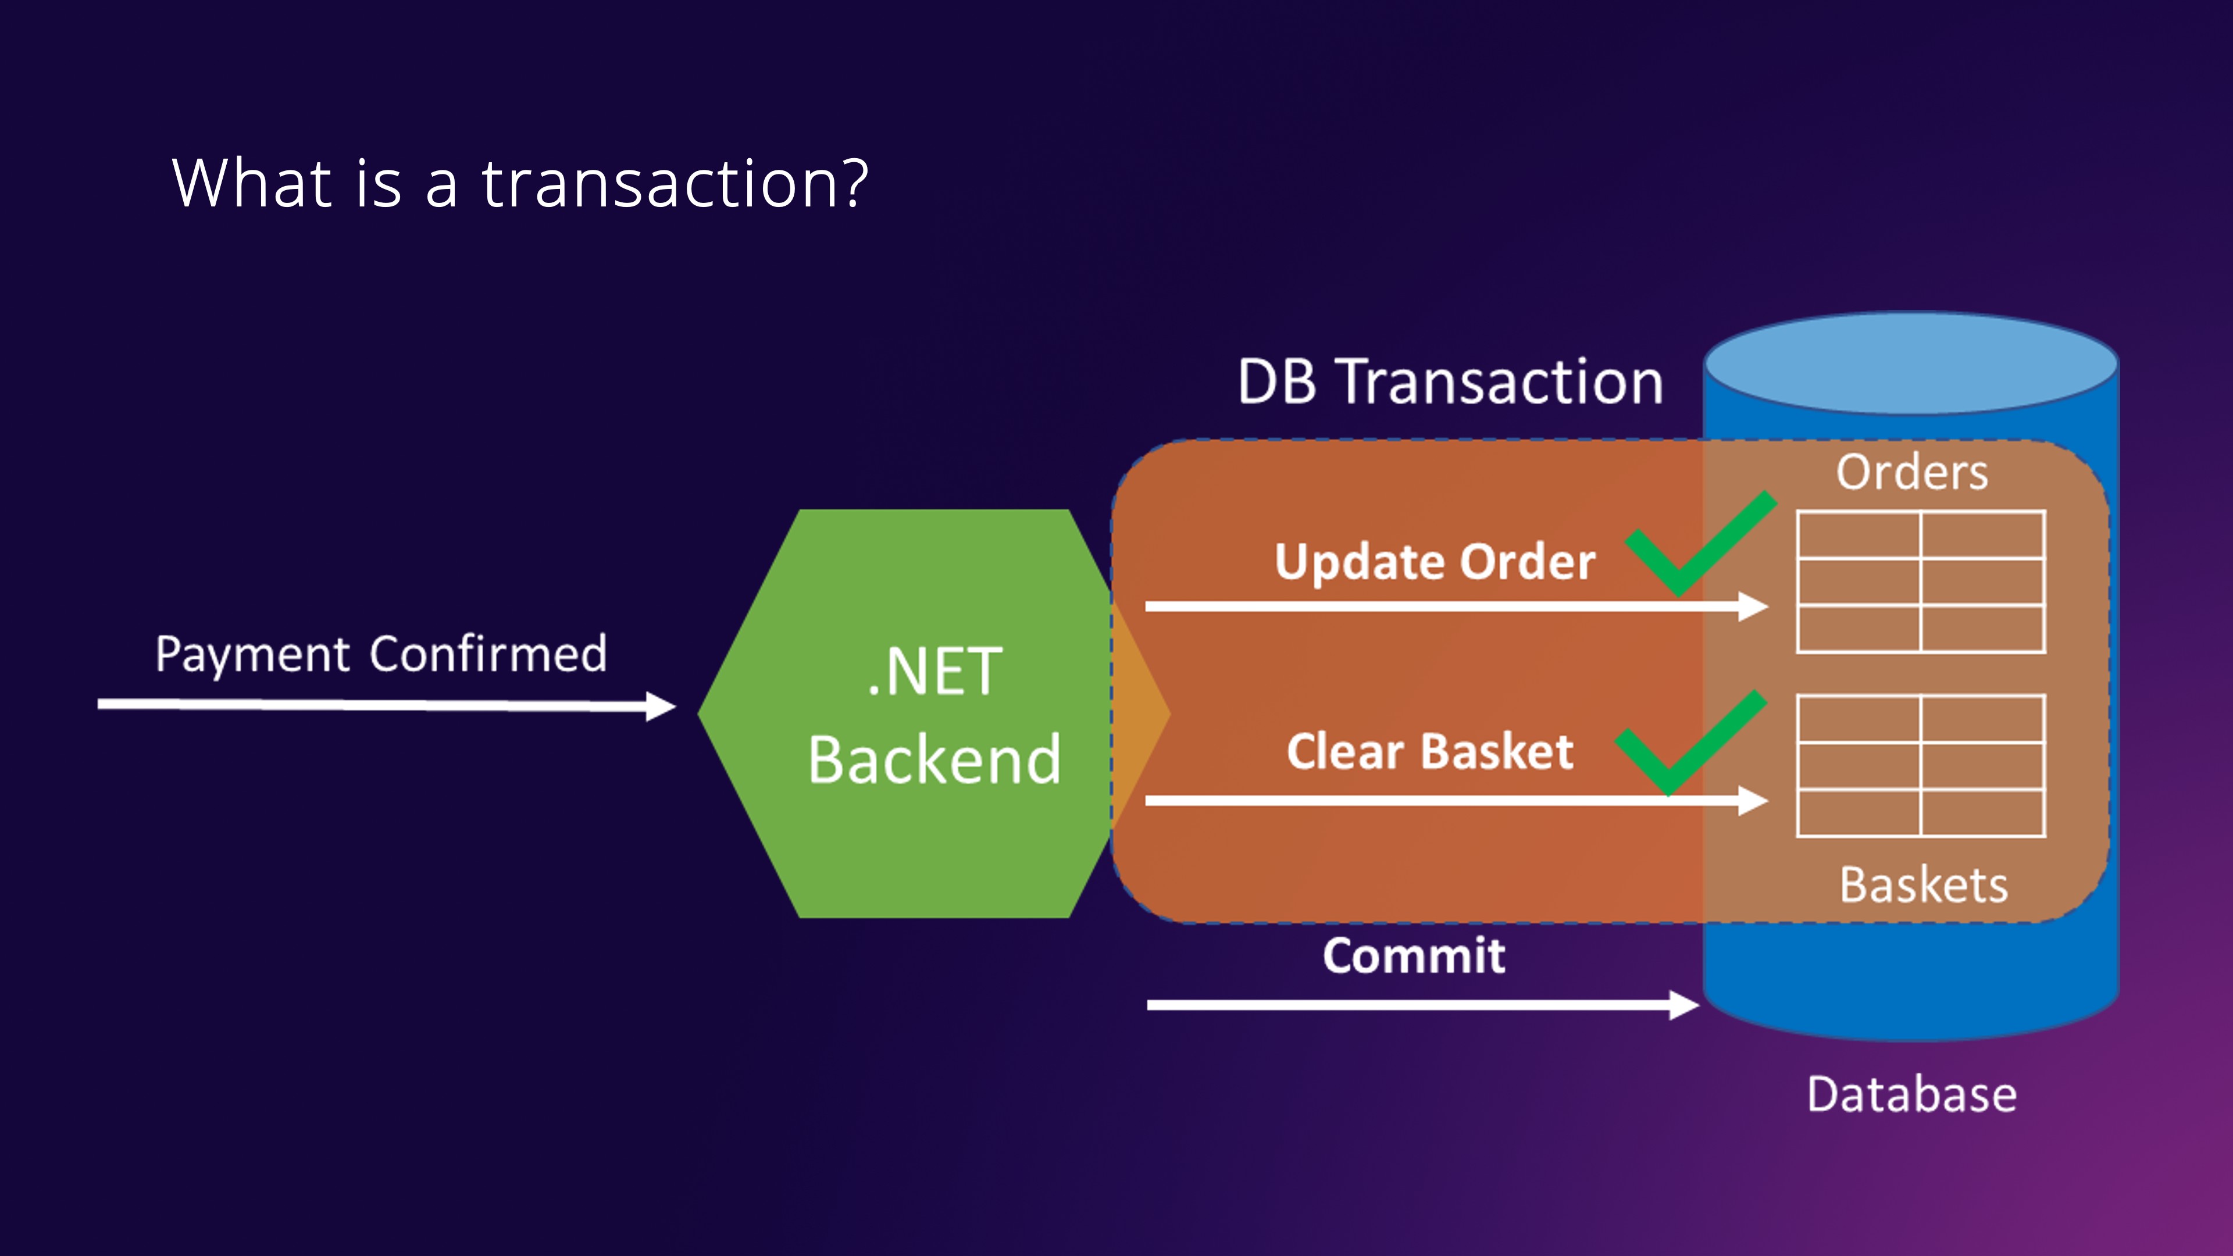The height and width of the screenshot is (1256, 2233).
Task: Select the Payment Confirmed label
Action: pos(381,654)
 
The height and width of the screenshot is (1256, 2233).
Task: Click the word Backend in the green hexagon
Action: pos(934,759)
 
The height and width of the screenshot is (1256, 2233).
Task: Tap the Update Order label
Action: pos(1435,562)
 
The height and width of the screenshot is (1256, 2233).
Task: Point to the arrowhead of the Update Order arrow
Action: pos(1753,606)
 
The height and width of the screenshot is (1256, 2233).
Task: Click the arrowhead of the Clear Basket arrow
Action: pos(1753,800)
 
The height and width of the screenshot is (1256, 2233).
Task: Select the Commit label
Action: pos(1414,956)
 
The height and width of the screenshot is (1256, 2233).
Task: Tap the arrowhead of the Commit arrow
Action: pos(1683,1005)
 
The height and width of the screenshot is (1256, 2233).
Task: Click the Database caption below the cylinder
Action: pos(1911,1095)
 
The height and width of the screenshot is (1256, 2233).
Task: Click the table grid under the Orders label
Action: pos(1921,581)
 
